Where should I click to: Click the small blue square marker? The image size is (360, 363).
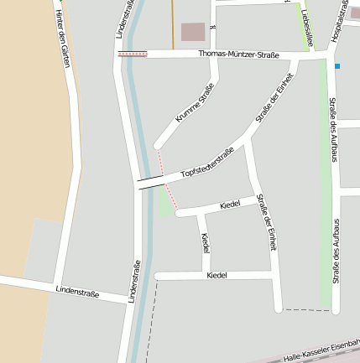tap(337, 65)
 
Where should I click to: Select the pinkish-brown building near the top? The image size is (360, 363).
tap(193, 32)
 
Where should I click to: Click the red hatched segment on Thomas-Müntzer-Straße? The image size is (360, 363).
tap(133, 54)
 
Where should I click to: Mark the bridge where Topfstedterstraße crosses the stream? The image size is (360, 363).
tap(151, 180)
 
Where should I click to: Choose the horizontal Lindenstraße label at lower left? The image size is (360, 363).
tap(77, 293)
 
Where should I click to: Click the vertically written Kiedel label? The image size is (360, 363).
tap(206, 244)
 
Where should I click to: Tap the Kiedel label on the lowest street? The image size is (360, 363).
tap(217, 275)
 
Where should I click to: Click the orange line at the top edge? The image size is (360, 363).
tap(173, 23)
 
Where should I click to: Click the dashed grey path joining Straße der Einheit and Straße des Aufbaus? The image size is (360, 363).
tap(304, 310)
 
